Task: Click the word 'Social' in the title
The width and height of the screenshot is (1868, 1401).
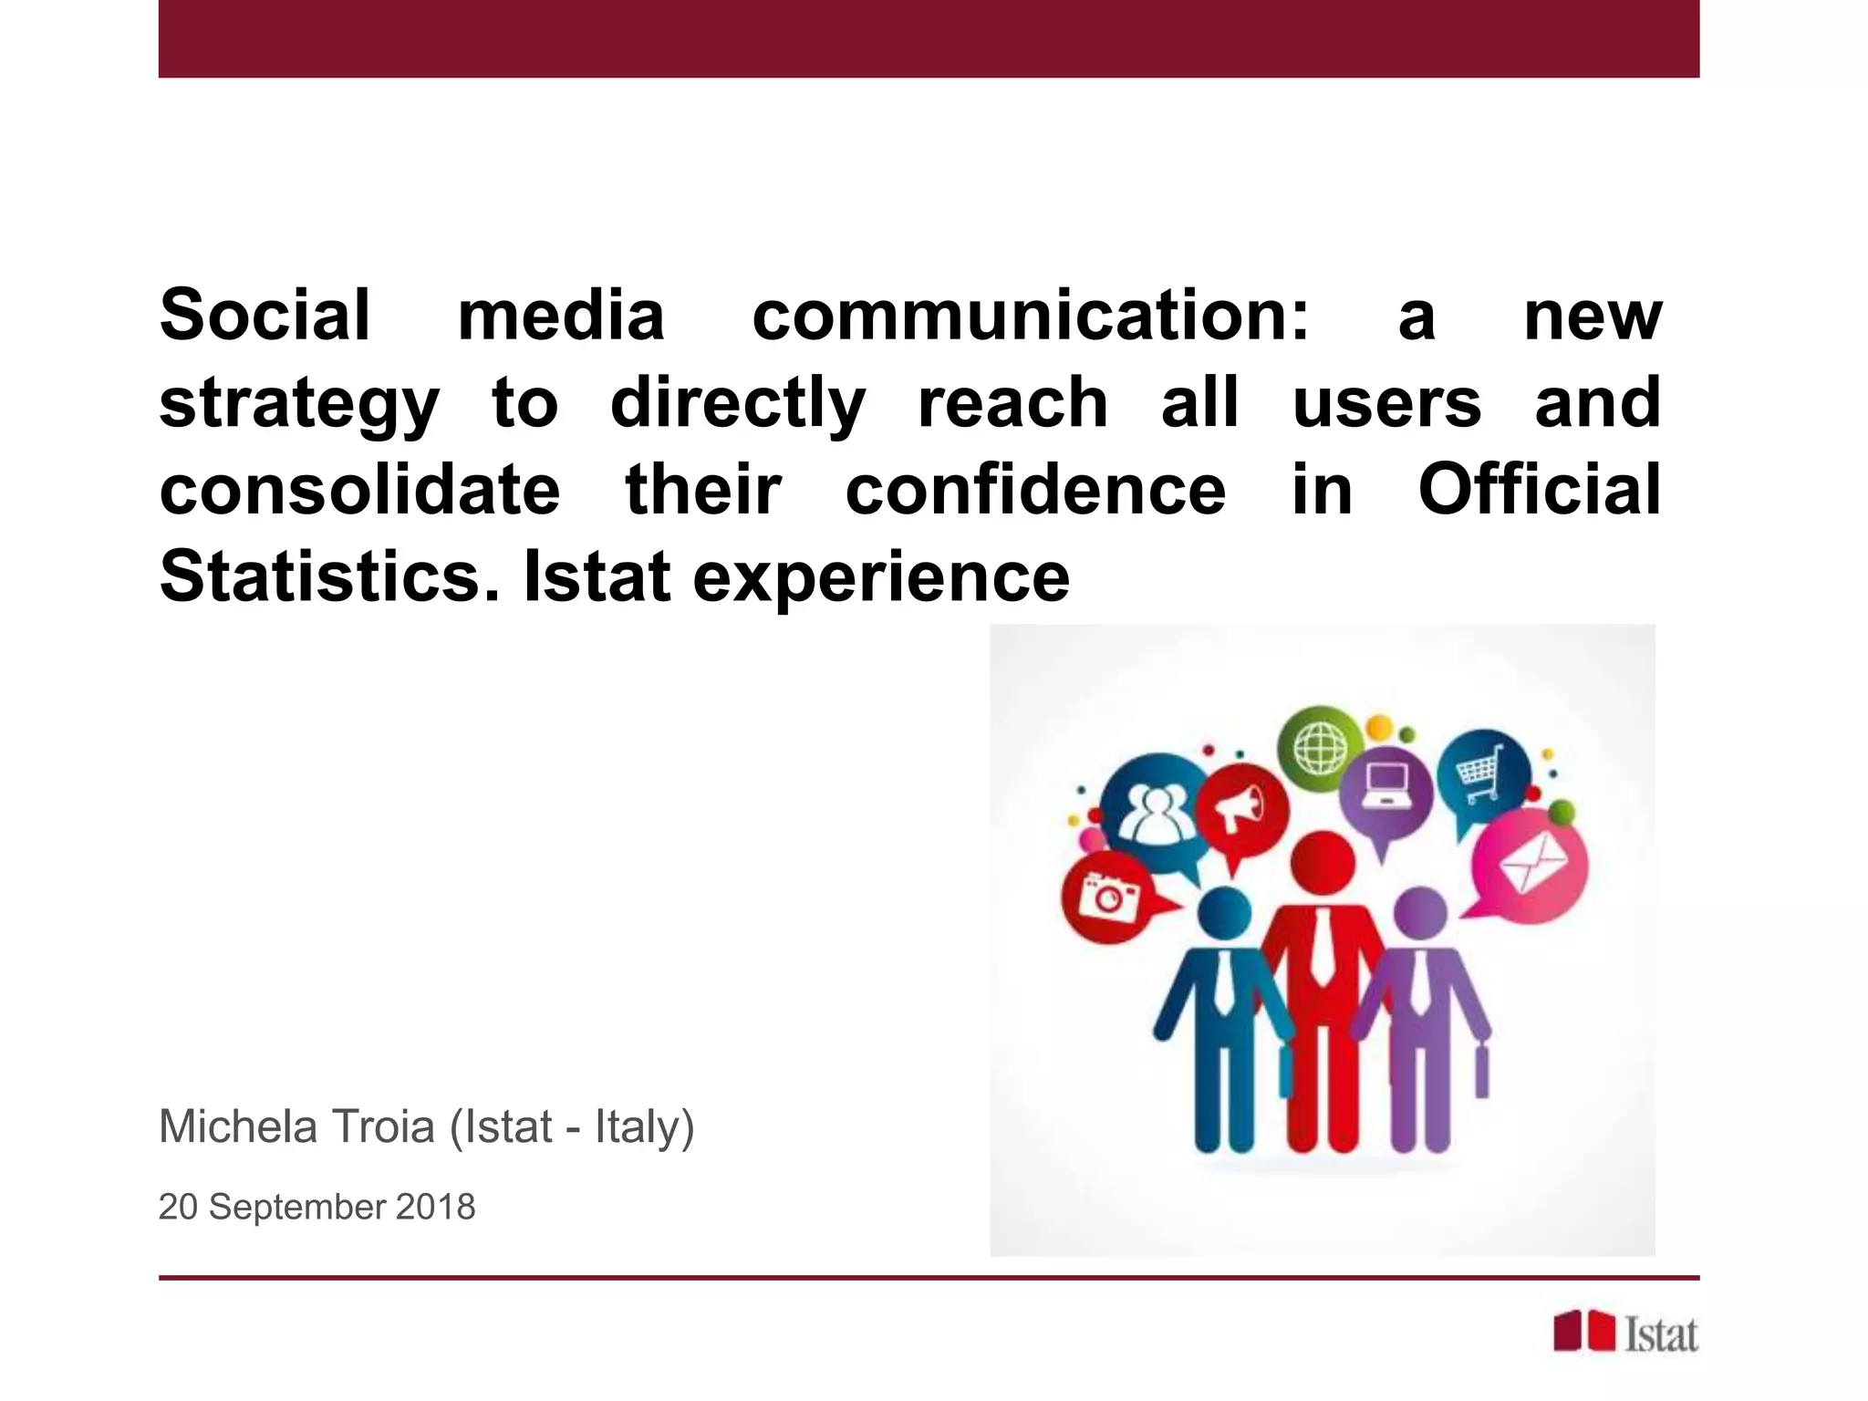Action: coord(265,316)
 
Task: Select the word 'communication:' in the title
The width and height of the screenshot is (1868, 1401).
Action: coord(1030,316)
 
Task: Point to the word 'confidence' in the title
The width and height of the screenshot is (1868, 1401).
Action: coord(1035,491)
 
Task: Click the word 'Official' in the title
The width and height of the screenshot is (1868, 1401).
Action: coord(1539,491)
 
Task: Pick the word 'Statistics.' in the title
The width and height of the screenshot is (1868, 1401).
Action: coord(329,576)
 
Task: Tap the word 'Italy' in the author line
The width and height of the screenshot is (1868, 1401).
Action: coord(638,1128)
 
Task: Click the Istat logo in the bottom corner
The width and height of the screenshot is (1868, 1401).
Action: coord(1625,1334)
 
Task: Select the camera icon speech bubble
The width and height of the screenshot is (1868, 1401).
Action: coord(1108,897)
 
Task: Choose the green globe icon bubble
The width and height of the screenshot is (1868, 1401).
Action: coord(1320,748)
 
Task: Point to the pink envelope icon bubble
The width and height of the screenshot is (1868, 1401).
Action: coord(1531,864)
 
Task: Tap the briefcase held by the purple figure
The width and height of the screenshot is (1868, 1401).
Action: coord(1481,1074)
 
